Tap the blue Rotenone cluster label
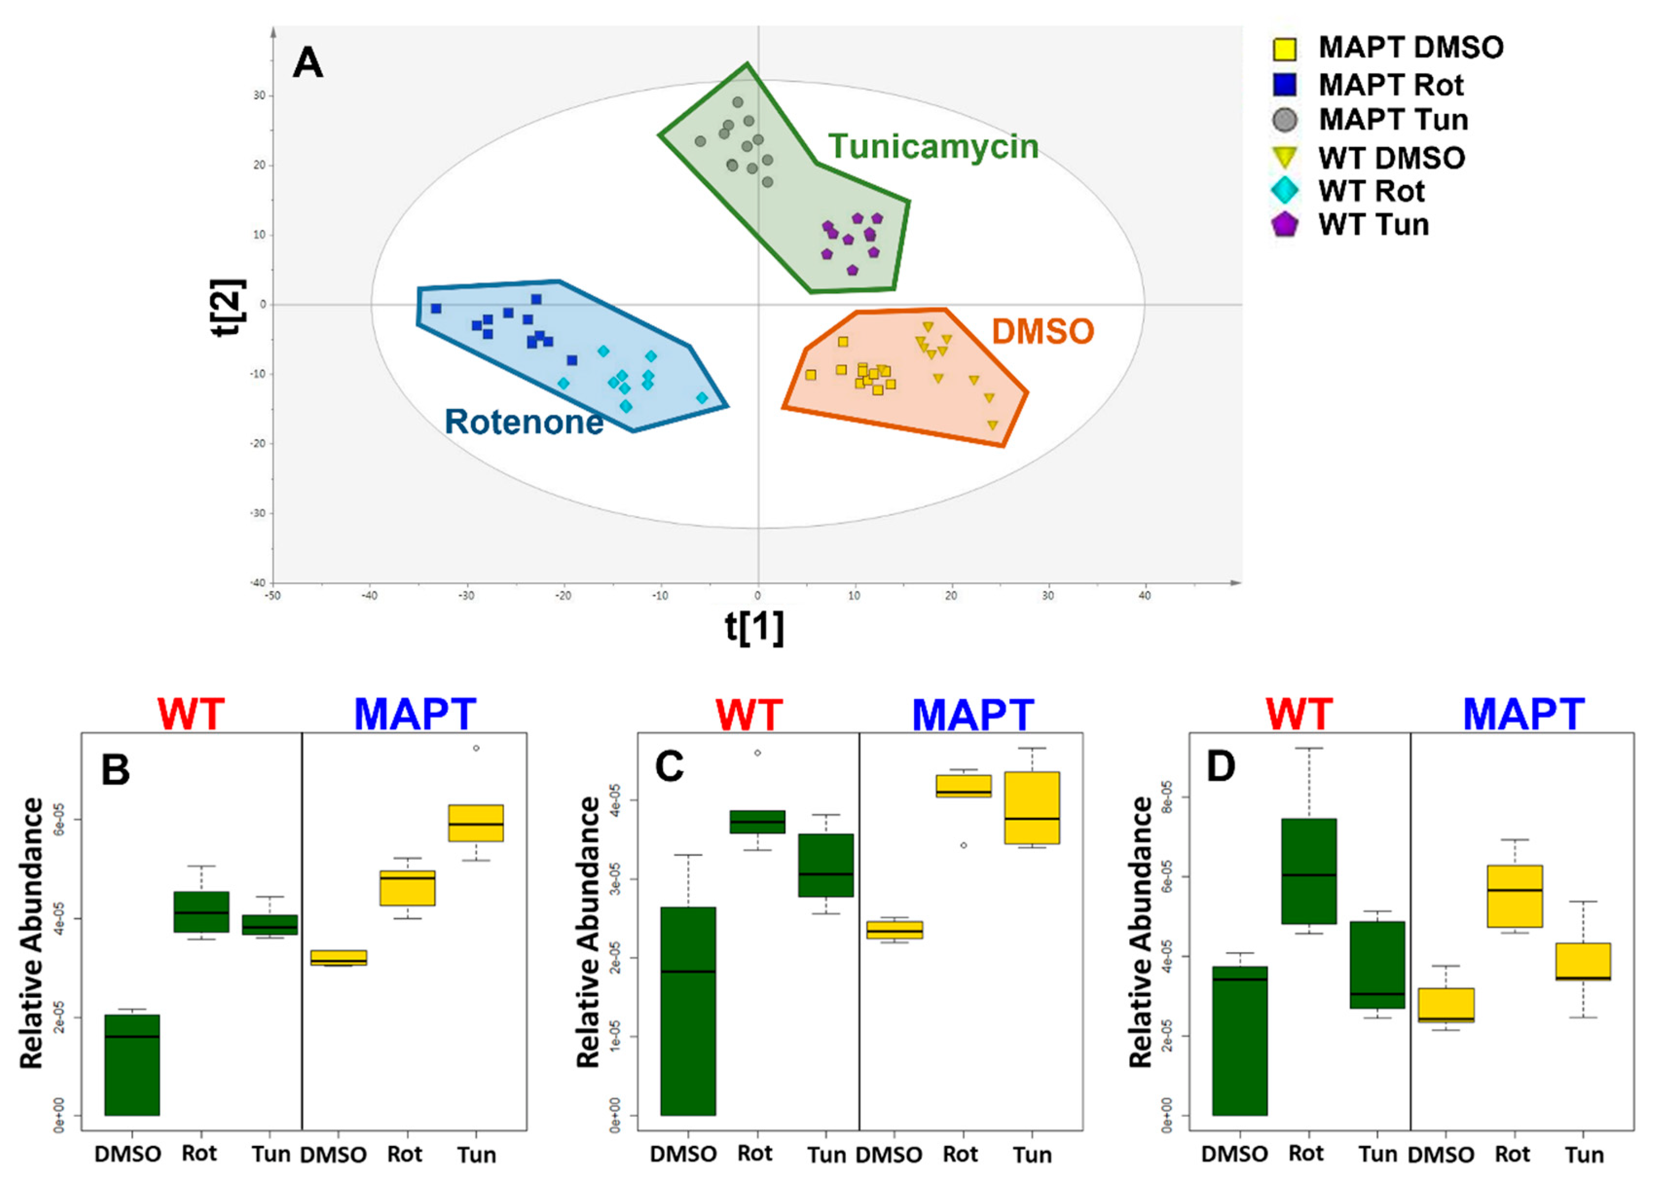[x=524, y=422]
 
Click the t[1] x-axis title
[x=754, y=627]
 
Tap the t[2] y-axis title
[x=228, y=307]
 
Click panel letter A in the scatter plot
[x=308, y=64]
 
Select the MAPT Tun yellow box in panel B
[x=476, y=823]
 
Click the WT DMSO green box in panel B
[x=132, y=1064]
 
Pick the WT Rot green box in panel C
[x=758, y=822]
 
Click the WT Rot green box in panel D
[x=1309, y=871]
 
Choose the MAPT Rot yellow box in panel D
[x=1515, y=896]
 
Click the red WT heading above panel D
[x=1298, y=714]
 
